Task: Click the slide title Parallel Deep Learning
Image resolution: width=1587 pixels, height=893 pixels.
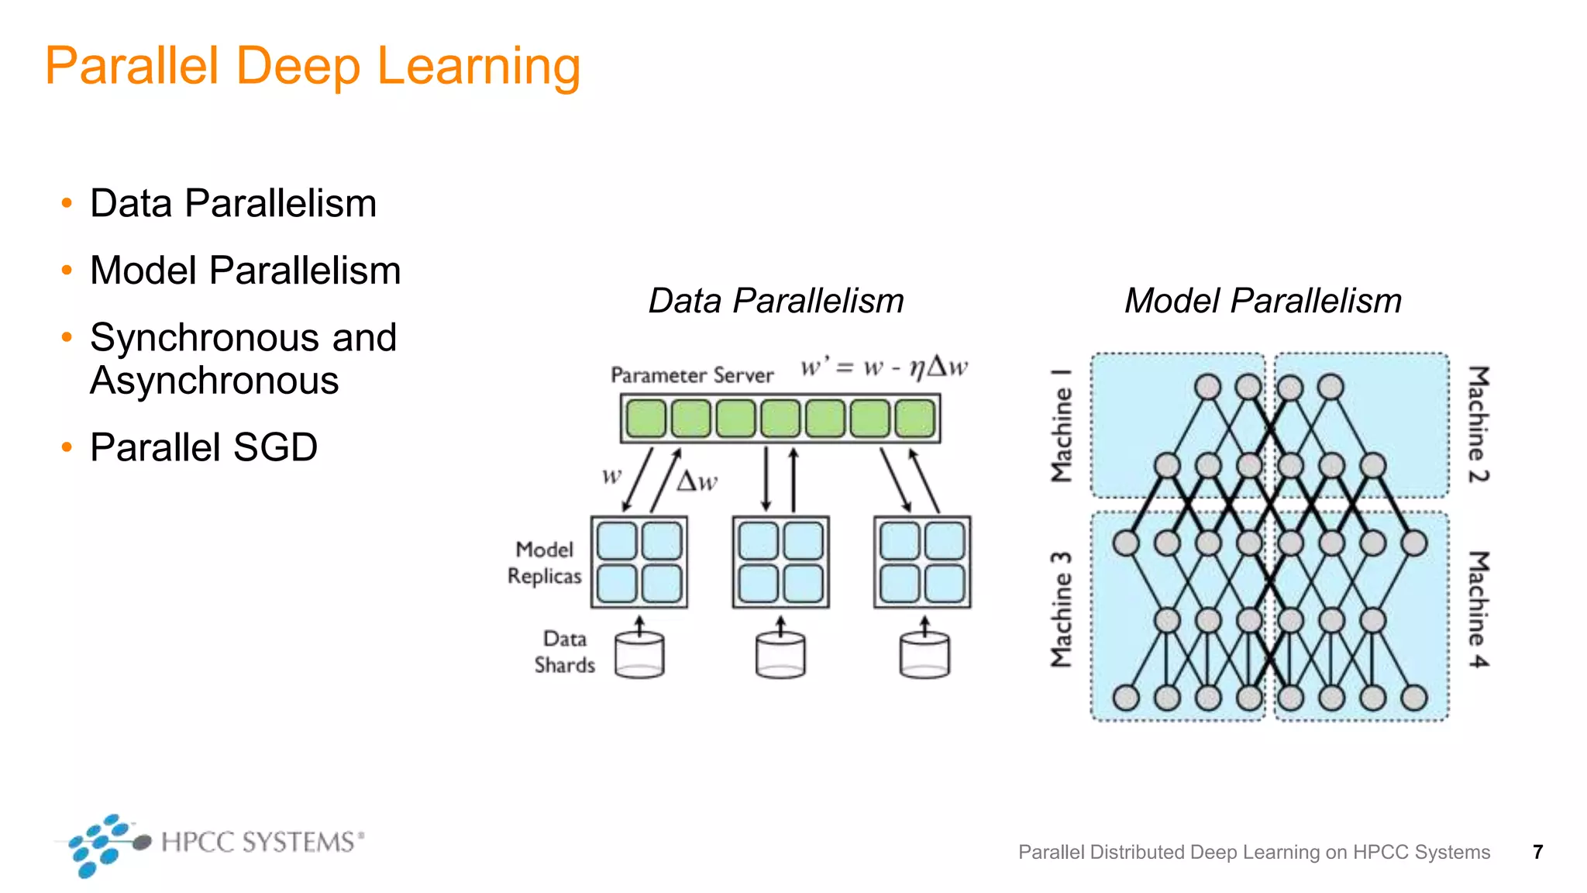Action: [312, 67]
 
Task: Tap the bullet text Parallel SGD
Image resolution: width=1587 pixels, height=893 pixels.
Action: [204, 447]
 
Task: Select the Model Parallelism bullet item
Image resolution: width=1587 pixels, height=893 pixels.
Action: [245, 271]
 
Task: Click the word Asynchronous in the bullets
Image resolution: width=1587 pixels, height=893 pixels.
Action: [214, 381]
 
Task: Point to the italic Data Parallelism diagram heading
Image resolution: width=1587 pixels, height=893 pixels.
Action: [776, 301]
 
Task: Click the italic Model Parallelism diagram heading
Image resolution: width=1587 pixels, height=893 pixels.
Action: [1262, 301]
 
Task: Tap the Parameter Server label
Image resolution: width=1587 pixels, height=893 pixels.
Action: [692, 375]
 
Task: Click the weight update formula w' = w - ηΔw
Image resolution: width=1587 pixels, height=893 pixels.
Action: [883, 367]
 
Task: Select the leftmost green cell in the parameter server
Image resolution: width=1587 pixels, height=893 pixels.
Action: [645, 419]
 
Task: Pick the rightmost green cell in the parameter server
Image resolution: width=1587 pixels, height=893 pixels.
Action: [915, 419]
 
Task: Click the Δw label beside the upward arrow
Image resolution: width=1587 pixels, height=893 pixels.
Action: [697, 481]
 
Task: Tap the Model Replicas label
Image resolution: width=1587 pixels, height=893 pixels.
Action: [544, 563]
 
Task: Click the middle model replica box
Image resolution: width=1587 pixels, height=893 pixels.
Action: [780, 562]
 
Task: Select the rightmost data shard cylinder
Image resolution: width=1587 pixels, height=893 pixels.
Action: [924, 656]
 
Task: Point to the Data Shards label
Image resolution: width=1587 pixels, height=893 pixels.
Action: [565, 652]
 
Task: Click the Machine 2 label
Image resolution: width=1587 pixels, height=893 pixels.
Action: [1478, 424]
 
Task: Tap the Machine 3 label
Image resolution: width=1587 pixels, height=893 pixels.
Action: [1061, 609]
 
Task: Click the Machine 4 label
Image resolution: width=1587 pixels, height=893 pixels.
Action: [1478, 609]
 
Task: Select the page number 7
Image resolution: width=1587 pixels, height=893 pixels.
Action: [1537, 852]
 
